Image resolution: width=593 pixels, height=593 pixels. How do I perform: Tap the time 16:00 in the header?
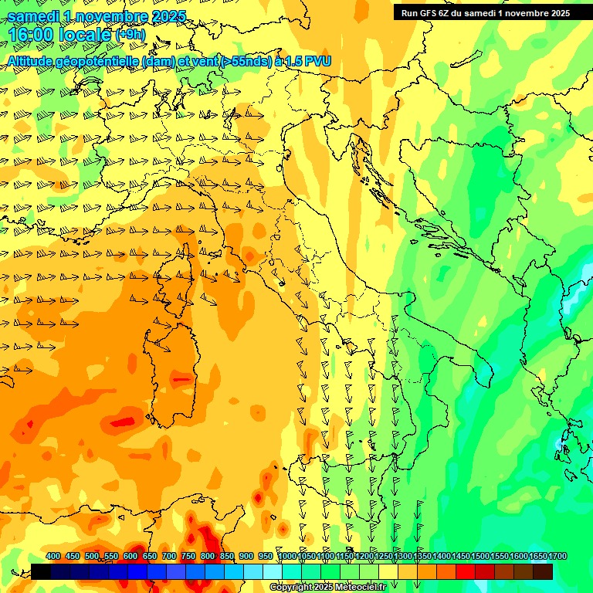pos(30,35)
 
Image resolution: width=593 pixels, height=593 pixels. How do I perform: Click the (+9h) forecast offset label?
pos(130,35)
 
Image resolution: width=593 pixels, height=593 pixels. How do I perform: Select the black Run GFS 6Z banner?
pos(485,12)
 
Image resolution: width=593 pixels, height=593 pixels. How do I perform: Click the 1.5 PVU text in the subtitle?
pos(306,61)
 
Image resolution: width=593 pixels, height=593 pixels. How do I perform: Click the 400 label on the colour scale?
pos(53,556)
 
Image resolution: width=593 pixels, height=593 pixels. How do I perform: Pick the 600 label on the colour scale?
pos(130,556)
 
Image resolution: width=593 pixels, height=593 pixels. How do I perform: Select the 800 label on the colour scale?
pos(208,556)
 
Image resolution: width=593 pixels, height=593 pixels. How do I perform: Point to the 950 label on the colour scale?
pos(266,556)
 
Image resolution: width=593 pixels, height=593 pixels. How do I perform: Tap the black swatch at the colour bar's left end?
pos(41,571)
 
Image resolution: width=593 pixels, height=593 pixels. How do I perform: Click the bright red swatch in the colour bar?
pos(466,571)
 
